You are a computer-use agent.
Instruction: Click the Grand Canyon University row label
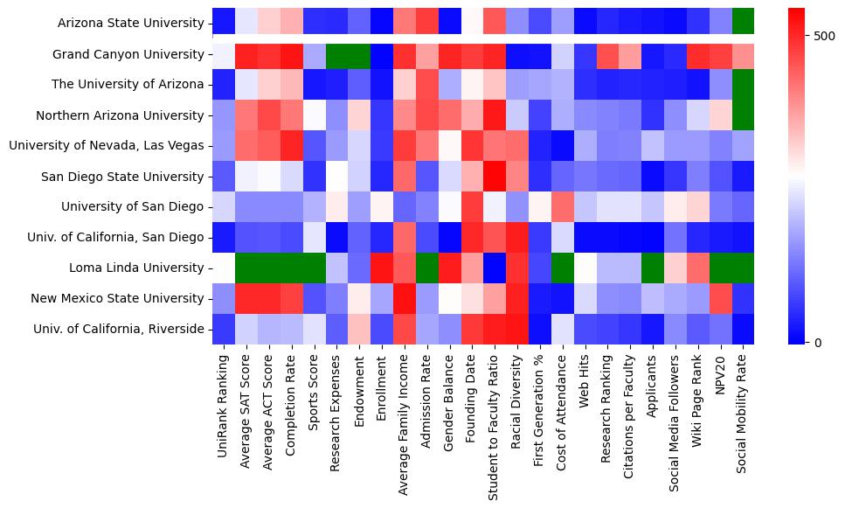pos(128,54)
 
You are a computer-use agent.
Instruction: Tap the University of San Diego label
pos(132,207)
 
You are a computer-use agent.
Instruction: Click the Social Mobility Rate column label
pos(742,410)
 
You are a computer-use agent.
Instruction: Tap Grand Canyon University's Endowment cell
pos(360,54)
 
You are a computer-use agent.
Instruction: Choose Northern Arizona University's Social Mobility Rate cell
pos(742,115)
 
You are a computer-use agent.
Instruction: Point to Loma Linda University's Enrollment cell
pos(383,268)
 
